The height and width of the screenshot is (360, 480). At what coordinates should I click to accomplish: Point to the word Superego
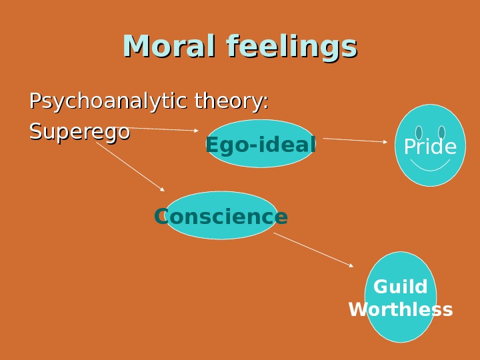79,132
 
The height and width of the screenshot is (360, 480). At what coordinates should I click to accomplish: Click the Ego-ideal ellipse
261,144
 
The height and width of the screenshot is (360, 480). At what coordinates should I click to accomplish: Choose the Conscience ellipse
221,216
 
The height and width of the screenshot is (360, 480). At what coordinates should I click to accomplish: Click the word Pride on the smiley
430,147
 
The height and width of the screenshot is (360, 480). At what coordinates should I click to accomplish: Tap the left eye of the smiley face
419,133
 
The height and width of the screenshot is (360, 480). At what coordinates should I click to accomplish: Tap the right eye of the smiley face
441,133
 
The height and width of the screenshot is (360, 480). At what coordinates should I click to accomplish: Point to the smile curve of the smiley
430,165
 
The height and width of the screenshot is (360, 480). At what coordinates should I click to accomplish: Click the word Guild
400,287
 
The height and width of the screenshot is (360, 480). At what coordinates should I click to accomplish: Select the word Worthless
401,310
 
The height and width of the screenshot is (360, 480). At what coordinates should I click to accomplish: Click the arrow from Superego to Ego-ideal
163,129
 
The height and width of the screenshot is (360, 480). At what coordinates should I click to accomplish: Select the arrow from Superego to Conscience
130,167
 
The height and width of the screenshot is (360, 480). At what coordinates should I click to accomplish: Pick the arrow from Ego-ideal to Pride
353,140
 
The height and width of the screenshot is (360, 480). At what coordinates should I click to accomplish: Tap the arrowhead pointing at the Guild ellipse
351,265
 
